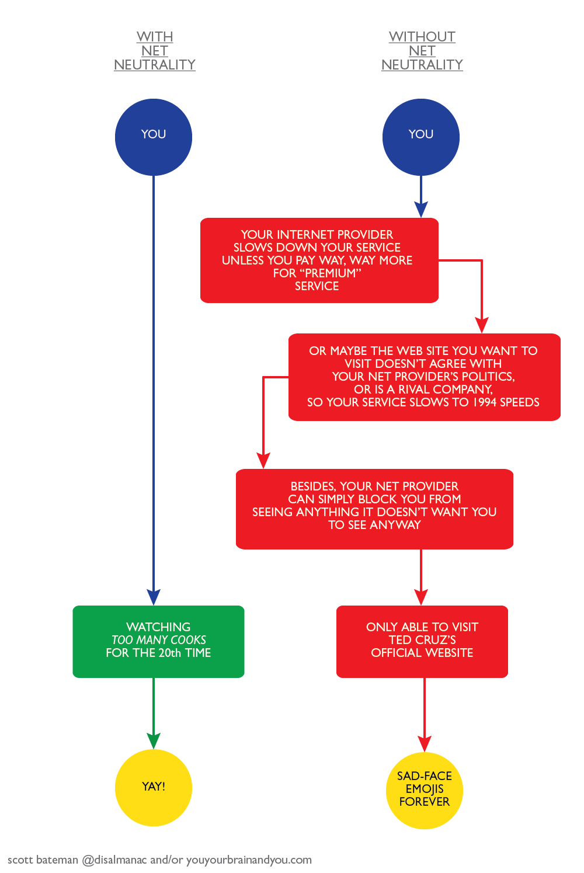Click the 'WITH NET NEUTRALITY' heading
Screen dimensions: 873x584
point(154,51)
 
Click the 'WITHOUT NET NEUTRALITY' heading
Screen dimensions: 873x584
point(422,51)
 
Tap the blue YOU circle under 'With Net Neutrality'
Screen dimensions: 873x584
point(154,137)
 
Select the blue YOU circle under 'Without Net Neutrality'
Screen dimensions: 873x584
point(421,137)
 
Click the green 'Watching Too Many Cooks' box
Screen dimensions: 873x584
point(158,641)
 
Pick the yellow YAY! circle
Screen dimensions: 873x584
point(154,787)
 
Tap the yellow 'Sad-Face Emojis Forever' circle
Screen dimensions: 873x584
point(425,790)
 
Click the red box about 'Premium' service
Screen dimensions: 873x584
point(319,260)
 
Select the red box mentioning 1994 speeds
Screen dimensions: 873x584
point(424,377)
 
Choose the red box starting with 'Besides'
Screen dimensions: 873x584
point(374,509)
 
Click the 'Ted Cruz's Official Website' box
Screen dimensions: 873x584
point(422,641)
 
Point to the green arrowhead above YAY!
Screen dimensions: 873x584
point(154,740)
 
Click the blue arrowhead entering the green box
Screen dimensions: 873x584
point(154,597)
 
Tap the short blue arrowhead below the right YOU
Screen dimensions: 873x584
point(421,209)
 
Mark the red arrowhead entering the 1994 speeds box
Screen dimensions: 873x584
point(481,325)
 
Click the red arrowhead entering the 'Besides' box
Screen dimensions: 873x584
point(263,460)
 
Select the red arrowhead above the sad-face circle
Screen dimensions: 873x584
point(425,743)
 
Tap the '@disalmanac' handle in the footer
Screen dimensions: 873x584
point(114,860)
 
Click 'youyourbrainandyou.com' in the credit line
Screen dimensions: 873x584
point(249,860)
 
